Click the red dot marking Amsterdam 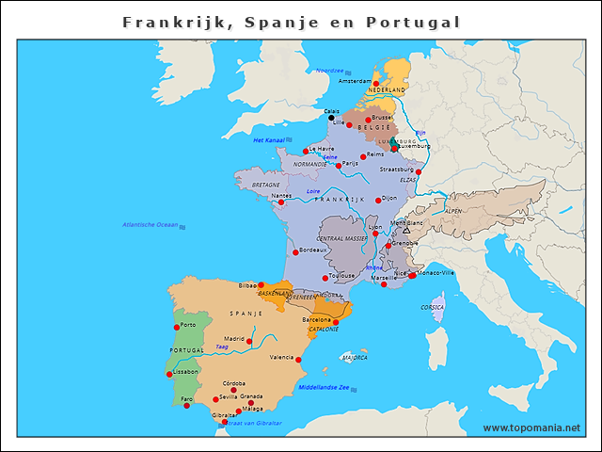click(x=376, y=84)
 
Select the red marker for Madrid click(x=250, y=340)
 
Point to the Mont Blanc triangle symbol click(x=406, y=230)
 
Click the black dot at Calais click(x=331, y=118)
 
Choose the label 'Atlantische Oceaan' click(x=150, y=224)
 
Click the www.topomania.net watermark click(x=531, y=428)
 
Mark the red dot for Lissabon click(x=170, y=374)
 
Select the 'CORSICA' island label click(x=433, y=307)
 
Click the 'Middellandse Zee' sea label click(x=324, y=387)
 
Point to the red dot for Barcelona click(x=336, y=322)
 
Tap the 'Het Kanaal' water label click(x=269, y=140)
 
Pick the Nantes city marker click(x=280, y=202)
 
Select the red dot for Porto click(x=177, y=328)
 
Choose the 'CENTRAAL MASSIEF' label click(x=342, y=239)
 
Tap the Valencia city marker click(x=300, y=359)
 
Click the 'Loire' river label click(x=314, y=191)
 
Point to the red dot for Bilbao click(x=261, y=283)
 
